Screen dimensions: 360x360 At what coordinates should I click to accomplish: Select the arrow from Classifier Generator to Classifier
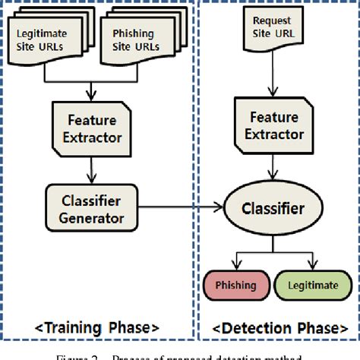pyautogui.click(x=182, y=205)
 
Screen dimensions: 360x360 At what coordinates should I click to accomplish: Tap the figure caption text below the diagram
pyautogui.click(x=180, y=355)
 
